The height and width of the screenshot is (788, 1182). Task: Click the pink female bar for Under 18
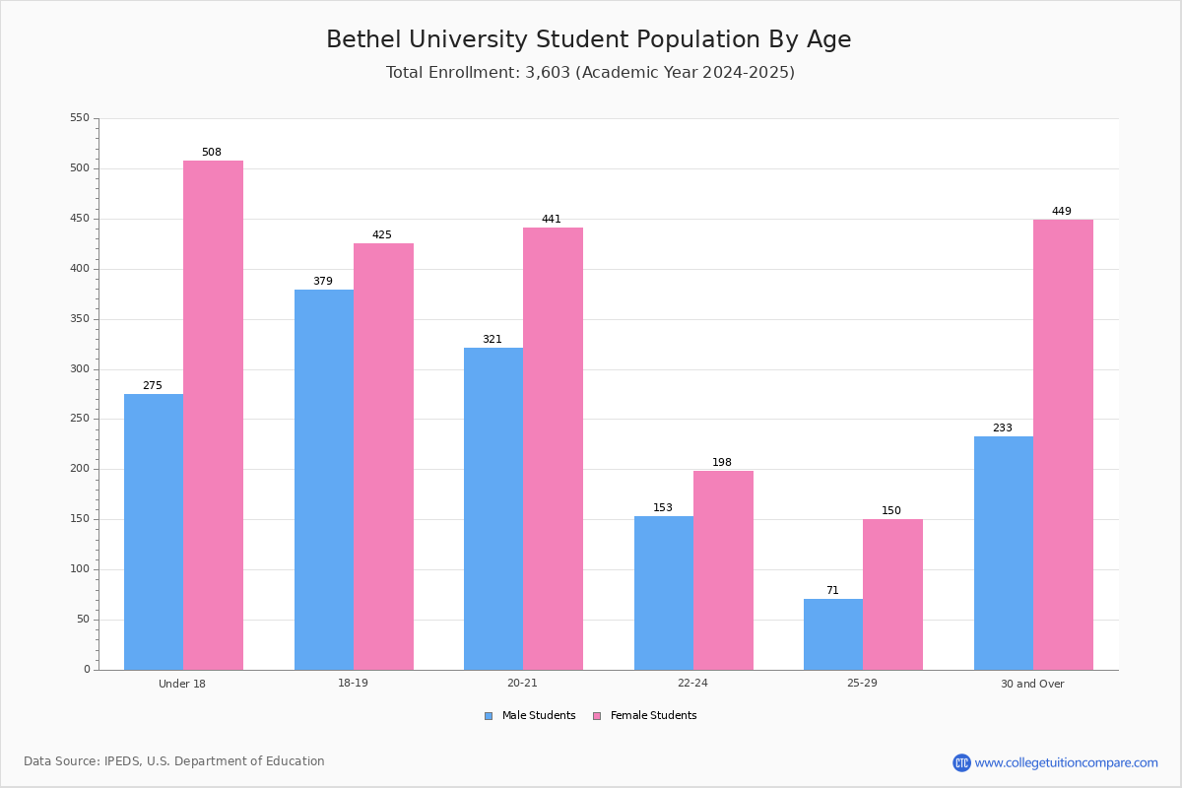click(x=213, y=416)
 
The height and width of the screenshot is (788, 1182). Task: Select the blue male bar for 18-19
click(x=324, y=480)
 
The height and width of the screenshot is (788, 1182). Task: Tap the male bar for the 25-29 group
click(x=833, y=634)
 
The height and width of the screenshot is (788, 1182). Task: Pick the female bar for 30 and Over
click(x=1063, y=445)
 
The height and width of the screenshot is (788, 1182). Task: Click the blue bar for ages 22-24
click(x=664, y=593)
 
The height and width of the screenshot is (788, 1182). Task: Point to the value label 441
click(x=552, y=219)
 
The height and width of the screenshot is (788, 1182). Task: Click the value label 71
click(x=832, y=590)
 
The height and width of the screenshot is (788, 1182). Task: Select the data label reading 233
click(x=1003, y=427)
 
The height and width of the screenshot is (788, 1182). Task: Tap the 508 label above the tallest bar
click(x=212, y=152)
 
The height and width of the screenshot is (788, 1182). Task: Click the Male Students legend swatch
click(x=489, y=716)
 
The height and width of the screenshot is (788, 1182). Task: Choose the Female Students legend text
click(x=653, y=715)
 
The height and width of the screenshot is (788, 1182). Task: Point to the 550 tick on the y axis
click(x=80, y=117)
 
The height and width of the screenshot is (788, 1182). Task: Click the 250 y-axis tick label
click(x=80, y=419)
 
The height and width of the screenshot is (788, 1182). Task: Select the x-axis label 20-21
click(x=522, y=683)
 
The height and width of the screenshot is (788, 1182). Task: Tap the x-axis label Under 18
click(x=182, y=684)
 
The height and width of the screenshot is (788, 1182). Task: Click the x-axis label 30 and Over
click(x=1032, y=684)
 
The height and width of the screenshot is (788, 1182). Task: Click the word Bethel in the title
click(x=363, y=39)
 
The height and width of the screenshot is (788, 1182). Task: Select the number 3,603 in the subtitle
click(x=548, y=72)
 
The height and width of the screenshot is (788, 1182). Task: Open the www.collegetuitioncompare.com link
click(x=1067, y=762)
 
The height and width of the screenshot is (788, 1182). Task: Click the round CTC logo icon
click(x=962, y=762)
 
